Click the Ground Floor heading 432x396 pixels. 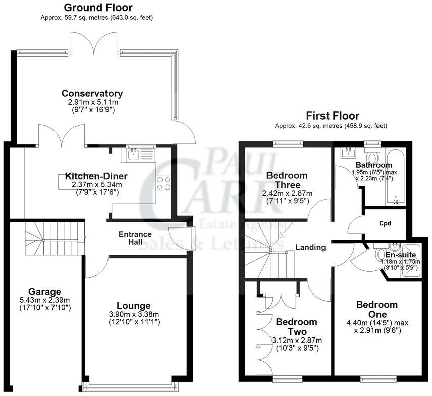[98, 8]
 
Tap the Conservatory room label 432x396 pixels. [92, 93]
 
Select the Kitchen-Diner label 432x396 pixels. [96, 176]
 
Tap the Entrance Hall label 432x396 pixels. [135, 238]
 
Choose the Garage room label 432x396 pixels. [44, 291]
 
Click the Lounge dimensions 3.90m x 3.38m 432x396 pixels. [134, 314]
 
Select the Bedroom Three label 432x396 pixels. [287, 180]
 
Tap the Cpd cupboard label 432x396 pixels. [385, 222]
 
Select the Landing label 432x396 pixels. [310, 248]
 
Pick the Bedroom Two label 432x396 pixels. [297, 326]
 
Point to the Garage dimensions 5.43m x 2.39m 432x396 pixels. [44, 300]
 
